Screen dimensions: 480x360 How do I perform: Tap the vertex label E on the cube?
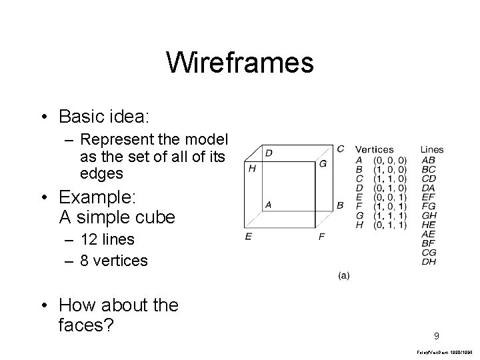[248, 237]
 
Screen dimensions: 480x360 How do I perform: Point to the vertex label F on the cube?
[322, 237]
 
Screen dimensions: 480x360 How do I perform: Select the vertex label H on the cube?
[252, 169]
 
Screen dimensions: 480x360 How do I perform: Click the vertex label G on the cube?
[323, 164]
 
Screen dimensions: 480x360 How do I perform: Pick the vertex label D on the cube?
[269, 153]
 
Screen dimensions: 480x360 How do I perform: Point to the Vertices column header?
[374, 149]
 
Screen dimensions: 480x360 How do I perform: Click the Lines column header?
[432, 149]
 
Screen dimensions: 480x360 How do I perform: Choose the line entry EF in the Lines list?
[429, 197]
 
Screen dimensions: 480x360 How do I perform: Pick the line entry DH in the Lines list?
[429, 262]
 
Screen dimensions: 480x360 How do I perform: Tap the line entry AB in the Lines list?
[429, 160]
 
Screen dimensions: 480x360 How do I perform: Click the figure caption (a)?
[342, 275]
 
